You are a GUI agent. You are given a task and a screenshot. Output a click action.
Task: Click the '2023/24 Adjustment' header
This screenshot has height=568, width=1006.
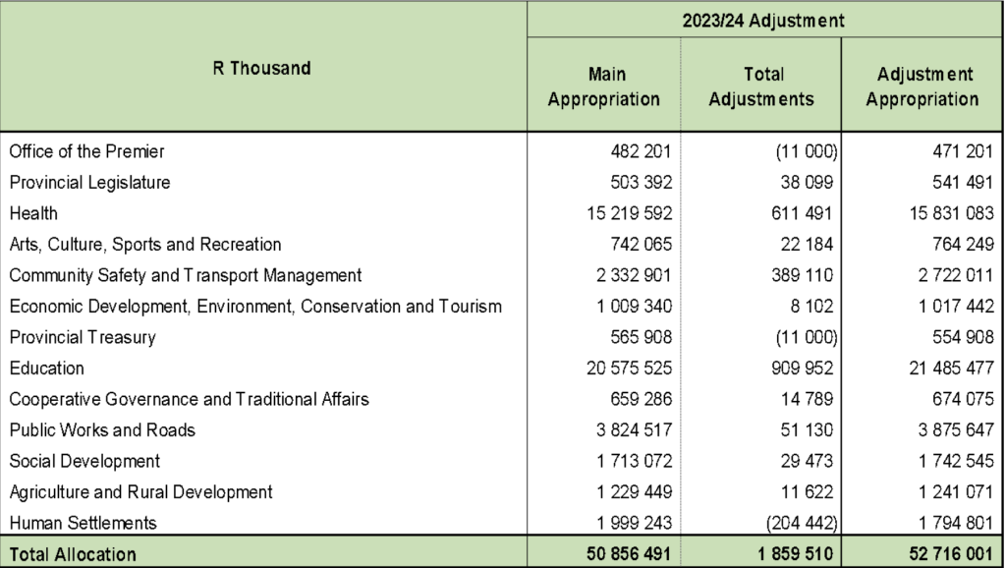point(764,20)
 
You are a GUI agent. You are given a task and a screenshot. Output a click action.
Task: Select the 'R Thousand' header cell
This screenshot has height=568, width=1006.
point(262,69)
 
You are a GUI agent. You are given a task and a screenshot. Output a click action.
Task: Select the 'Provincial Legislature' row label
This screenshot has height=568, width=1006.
point(89,183)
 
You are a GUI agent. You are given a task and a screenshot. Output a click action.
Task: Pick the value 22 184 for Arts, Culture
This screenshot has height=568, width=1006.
point(808,245)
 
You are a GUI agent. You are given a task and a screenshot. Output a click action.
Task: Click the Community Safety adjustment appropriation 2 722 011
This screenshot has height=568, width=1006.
point(944,275)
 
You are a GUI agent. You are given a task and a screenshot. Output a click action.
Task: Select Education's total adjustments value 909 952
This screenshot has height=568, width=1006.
point(803,369)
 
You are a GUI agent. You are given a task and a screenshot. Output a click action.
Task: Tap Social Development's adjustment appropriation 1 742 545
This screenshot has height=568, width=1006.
point(944,461)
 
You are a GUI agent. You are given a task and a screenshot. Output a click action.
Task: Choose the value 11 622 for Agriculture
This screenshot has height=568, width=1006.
point(808,491)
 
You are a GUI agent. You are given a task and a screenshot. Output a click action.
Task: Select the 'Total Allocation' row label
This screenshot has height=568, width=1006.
point(73,554)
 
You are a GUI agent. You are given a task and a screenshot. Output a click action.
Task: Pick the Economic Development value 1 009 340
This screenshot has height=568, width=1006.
point(629,307)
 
